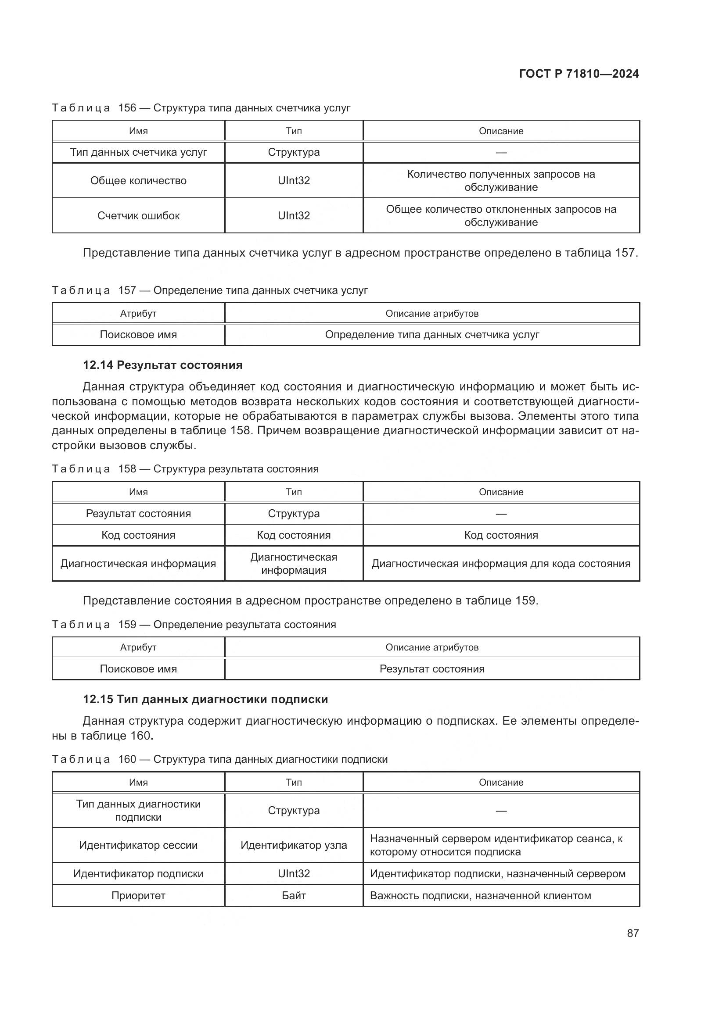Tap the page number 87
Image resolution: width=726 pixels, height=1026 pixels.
(x=633, y=933)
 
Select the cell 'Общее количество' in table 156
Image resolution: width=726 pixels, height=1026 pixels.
(x=138, y=181)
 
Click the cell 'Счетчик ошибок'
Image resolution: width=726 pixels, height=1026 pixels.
(x=138, y=215)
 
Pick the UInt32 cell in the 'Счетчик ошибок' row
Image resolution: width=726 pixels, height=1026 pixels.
(x=294, y=215)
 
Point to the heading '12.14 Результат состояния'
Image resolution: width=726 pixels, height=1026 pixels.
(x=162, y=365)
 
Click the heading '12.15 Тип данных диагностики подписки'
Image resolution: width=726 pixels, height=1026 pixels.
(x=205, y=699)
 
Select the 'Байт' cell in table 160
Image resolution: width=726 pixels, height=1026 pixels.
(x=294, y=896)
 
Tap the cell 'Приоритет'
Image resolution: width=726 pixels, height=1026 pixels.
(x=138, y=896)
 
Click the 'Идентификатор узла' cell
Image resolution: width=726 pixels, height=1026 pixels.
(x=294, y=845)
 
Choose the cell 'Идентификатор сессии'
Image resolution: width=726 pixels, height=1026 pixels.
(x=138, y=845)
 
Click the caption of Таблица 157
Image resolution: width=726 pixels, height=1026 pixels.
(x=210, y=290)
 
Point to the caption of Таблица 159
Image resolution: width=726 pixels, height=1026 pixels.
(x=194, y=624)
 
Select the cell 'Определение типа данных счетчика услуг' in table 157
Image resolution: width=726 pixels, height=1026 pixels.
(x=432, y=335)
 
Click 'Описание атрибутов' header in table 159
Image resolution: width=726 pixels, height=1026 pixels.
(x=432, y=647)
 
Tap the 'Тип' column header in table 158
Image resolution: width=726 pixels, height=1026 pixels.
(x=294, y=492)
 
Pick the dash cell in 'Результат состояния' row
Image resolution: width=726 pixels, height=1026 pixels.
(x=501, y=514)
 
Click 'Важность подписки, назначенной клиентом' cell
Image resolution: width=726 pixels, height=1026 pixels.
(x=480, y=896)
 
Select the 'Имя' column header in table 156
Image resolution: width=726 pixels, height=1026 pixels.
(x=138, y=131)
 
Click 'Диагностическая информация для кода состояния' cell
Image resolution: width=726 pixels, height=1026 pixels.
(x=501, y=564)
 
